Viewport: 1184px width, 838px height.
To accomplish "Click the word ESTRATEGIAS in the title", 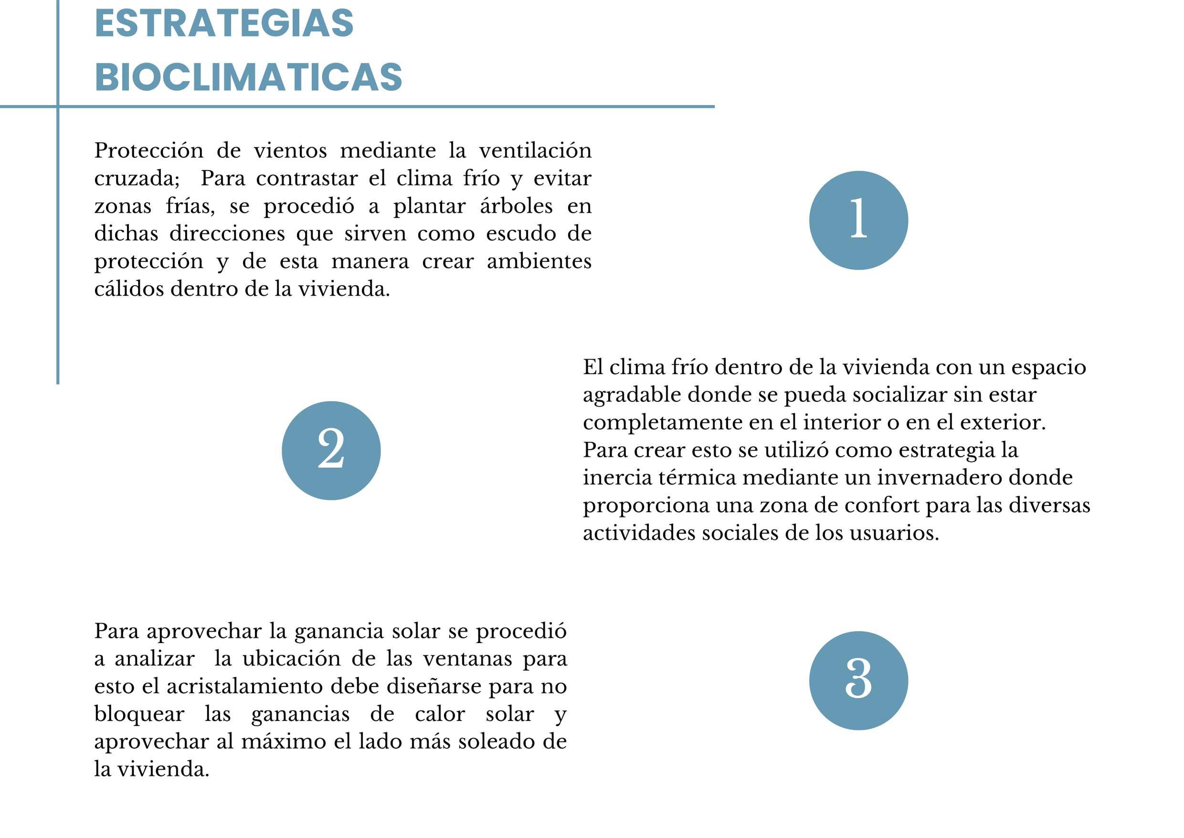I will point(224,23).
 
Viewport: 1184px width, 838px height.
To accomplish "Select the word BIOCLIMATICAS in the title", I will point(248,77).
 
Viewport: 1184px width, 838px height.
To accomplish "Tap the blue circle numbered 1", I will point(858,220).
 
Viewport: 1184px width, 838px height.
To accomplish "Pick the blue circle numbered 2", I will point(331,451).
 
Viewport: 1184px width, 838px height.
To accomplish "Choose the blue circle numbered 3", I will point(858,680).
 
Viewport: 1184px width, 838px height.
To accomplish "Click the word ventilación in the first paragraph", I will point(535,150).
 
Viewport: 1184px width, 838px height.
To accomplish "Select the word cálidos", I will point(129,289).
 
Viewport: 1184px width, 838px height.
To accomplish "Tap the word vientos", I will point(290,150).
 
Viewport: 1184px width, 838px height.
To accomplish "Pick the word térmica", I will point(697,477).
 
